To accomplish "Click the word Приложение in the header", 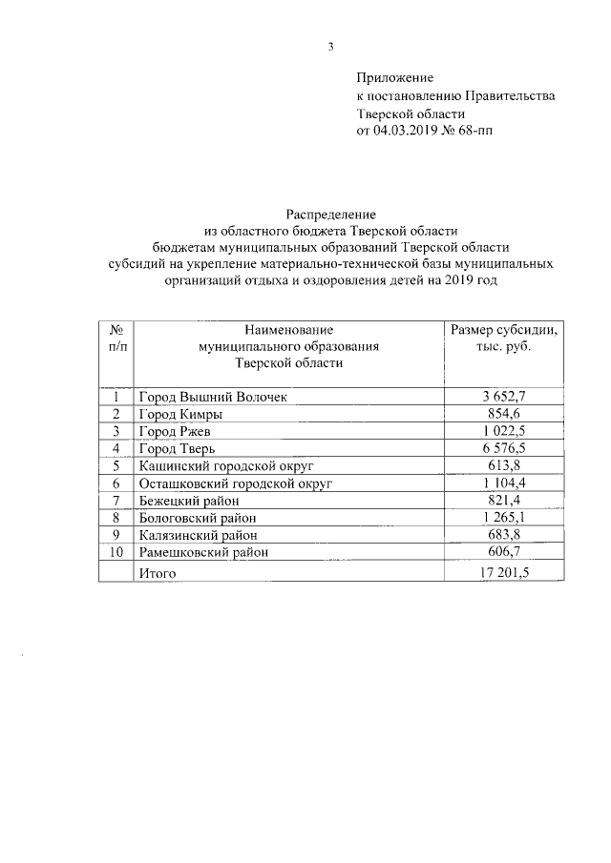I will (395, 77).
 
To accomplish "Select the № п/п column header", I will (116, 338).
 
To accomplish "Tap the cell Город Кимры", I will (181, 414).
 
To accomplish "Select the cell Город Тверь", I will (181, 448).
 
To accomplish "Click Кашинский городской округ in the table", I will (225, 465).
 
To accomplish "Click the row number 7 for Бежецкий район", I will (116, 501).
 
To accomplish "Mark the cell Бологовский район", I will (199, 518).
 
